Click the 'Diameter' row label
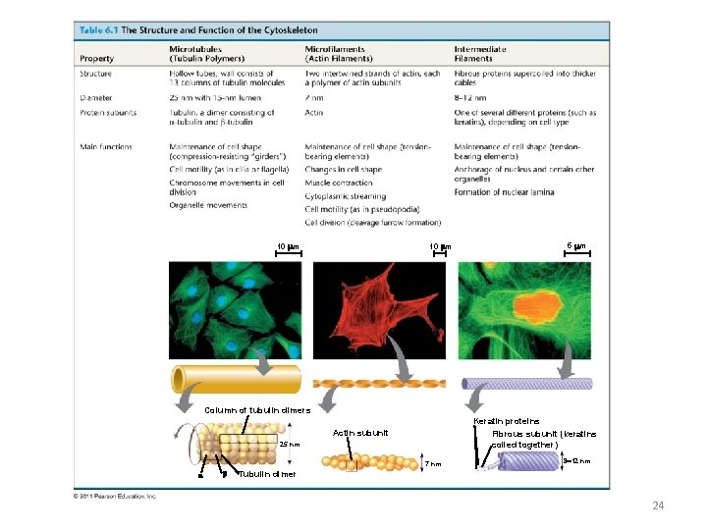[95, 98]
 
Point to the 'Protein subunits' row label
[106, 113]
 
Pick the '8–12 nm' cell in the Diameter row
[468, 98]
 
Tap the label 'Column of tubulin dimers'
[257, 410]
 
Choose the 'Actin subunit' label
[360, 433]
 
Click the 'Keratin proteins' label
[506, 421]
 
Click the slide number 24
[658, 505]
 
